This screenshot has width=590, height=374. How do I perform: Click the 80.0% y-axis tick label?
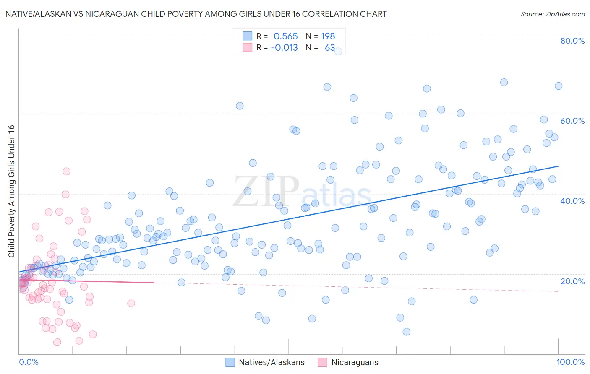[572, 41]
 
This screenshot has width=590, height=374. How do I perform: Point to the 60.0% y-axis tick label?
[572, 121]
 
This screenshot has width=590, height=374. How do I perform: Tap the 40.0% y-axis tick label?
[572, 201]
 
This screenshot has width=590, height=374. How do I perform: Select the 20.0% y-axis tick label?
[572, 281]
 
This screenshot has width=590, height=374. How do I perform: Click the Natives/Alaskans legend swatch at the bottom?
[230, 362]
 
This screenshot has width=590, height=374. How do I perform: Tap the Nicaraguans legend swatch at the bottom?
[322, 362]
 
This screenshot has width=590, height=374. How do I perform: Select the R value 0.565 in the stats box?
[285, 36]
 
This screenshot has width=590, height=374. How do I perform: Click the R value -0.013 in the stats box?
[284, 48]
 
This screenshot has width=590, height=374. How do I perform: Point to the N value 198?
[328, 36]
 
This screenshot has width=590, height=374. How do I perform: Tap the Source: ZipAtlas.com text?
[552, 14]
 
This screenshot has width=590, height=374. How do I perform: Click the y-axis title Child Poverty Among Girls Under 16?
[11, 191]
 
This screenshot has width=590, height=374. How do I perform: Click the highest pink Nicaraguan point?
[66, 171]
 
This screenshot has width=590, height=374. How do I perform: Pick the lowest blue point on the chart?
[406, 332]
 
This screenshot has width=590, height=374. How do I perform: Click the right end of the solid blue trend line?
[558, 166]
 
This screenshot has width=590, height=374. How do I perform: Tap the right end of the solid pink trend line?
[154, 283]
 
